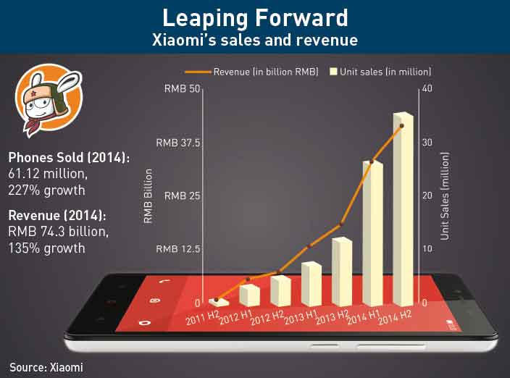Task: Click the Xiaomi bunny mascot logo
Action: click(x=49, y=100)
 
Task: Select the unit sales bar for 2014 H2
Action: click(x=403, y=210)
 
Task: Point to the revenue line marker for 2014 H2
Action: click(x=401, y=126)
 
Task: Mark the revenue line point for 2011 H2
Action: click(x=217, y=299)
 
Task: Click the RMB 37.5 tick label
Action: click(x=178, y=143)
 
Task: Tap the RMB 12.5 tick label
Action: click(x=178, y=249)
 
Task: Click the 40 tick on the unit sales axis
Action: click(x=427, y=89)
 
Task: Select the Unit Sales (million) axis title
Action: click(x=446, y=196)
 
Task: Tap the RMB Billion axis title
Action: click(x=149, y=196)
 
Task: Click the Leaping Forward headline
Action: click(x=254, y=17)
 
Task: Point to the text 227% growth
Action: click(x=47, y=190)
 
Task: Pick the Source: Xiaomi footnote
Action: click(x=46, y=367)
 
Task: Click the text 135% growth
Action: click(x=47, y=248)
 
